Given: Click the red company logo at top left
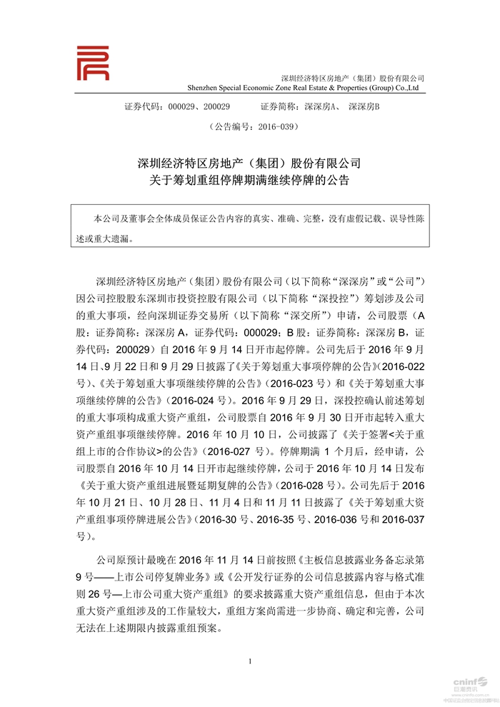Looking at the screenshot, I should tap(93, 63).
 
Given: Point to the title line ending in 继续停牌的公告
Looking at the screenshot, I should tap(250, 181).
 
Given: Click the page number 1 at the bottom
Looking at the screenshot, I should tap(250, 661).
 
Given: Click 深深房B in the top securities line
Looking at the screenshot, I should tap(364, 106).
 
